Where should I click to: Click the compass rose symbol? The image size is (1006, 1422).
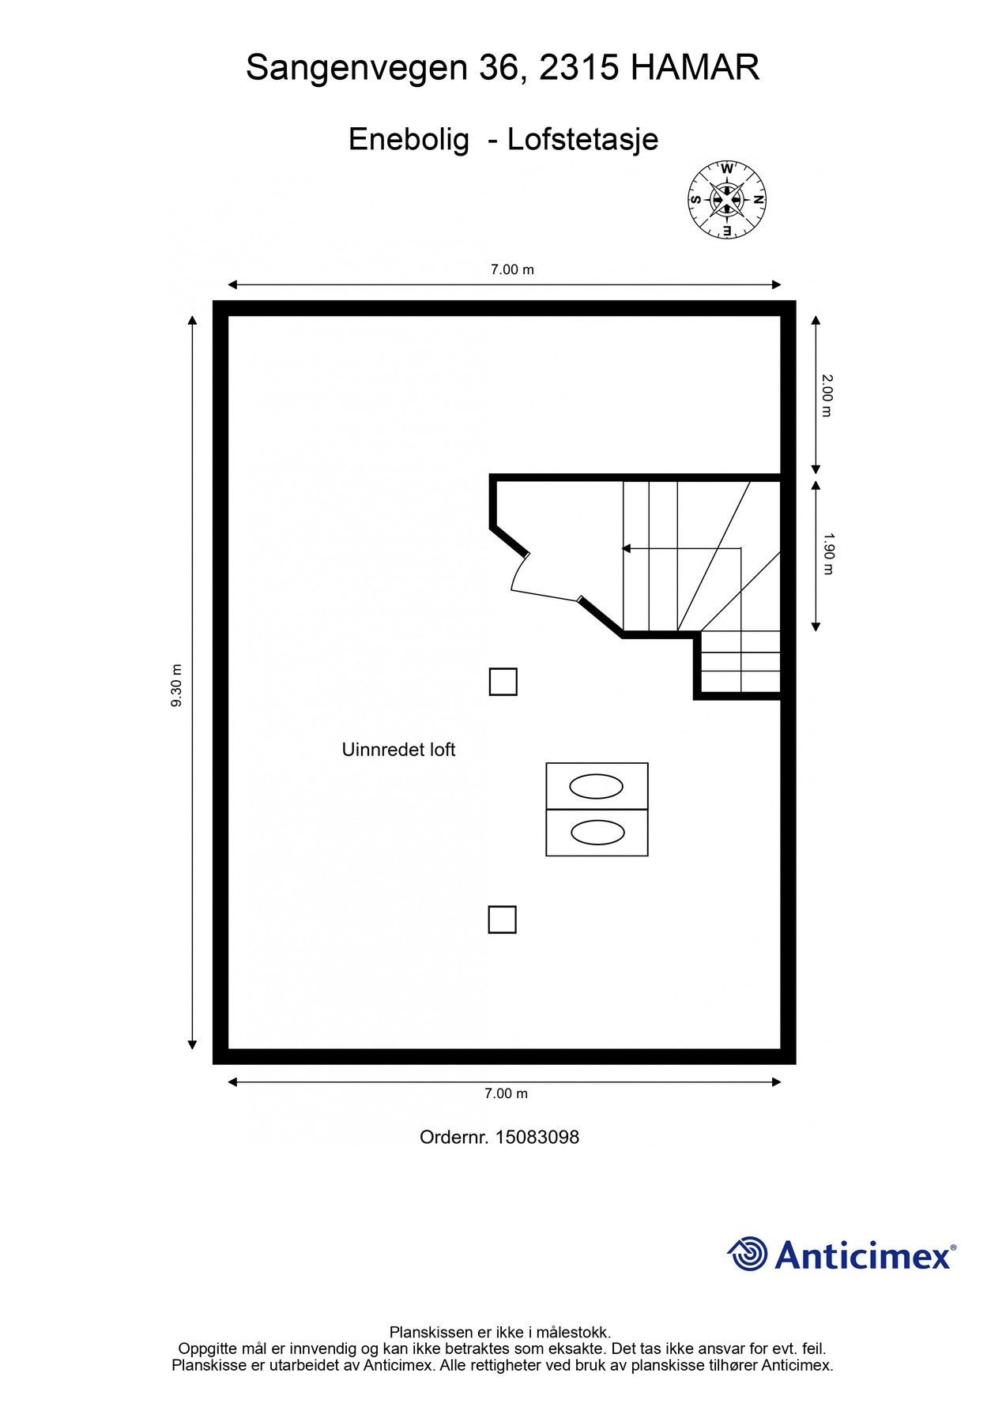coord(727,200)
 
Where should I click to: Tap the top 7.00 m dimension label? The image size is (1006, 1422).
coord(512,269)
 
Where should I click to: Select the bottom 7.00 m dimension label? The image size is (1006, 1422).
coord(506,1093)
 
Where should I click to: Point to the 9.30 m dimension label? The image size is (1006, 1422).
coord(176,685)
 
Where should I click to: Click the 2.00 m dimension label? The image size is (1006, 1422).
coord(827,396)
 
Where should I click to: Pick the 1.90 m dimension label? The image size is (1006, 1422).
coord(827,554)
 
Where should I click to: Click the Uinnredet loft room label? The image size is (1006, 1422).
coord(398,750)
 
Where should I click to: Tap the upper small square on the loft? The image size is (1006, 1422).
coord(503,682)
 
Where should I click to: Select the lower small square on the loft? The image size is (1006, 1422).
coord(502,920)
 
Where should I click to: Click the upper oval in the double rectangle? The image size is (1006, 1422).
coord(597,787)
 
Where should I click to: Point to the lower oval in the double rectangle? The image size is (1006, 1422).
coord(597,833)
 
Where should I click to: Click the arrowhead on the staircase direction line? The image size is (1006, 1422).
coord(627,548)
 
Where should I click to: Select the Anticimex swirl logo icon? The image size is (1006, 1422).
coord(747,1255)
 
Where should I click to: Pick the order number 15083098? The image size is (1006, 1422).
coord(537,1137)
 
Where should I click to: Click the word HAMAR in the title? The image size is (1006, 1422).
coord(695,68)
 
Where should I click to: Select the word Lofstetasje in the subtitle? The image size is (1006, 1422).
coord(582,140)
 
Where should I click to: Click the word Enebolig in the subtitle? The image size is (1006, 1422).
coord(409,141)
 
